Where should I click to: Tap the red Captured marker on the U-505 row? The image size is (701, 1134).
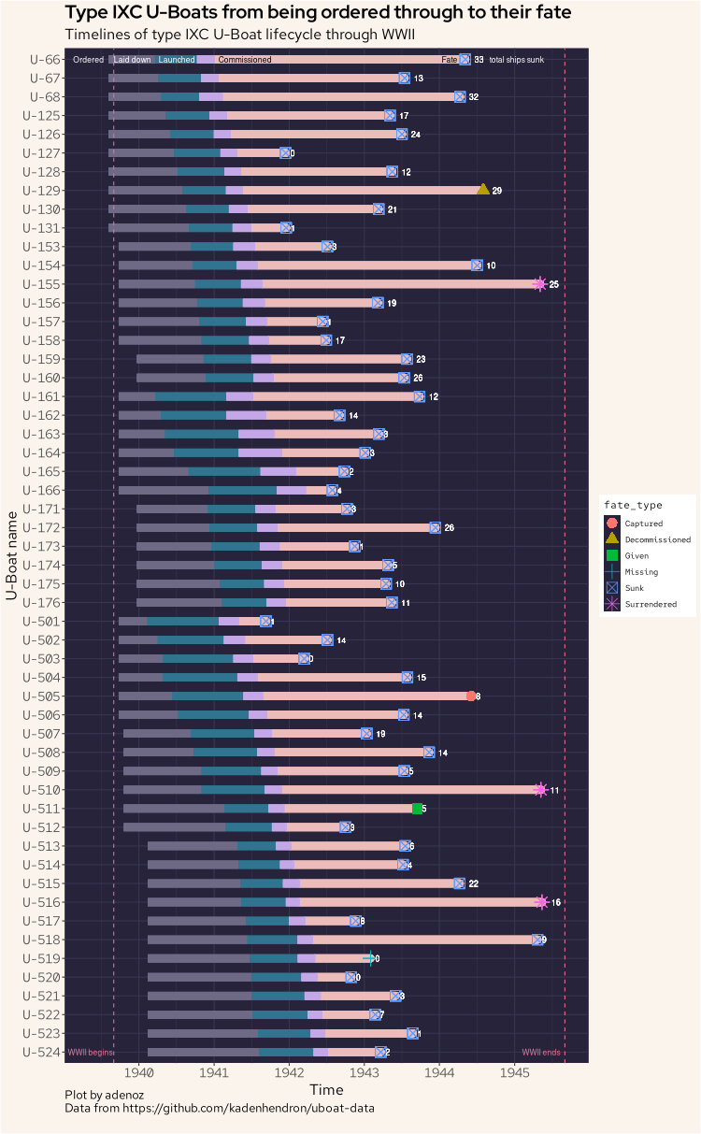click(471, 696)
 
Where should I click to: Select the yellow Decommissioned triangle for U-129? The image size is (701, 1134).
click(483, 190)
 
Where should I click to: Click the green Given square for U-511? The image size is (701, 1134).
click(418, 808)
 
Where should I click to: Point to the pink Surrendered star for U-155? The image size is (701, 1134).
click(539, 284)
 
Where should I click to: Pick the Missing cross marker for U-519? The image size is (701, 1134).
click(370, 958)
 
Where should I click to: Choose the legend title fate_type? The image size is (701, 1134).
click(632, 505)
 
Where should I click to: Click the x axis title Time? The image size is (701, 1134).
click(326, 1090)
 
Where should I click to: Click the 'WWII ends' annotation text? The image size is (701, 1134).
click(541, 1053)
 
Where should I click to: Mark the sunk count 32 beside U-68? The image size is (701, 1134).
click(474, 97)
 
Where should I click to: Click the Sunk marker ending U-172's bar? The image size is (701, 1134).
click(436, 527)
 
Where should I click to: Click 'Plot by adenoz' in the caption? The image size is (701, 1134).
click(104, 1094)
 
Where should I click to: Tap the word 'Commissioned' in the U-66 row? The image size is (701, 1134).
click(245, 60)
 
